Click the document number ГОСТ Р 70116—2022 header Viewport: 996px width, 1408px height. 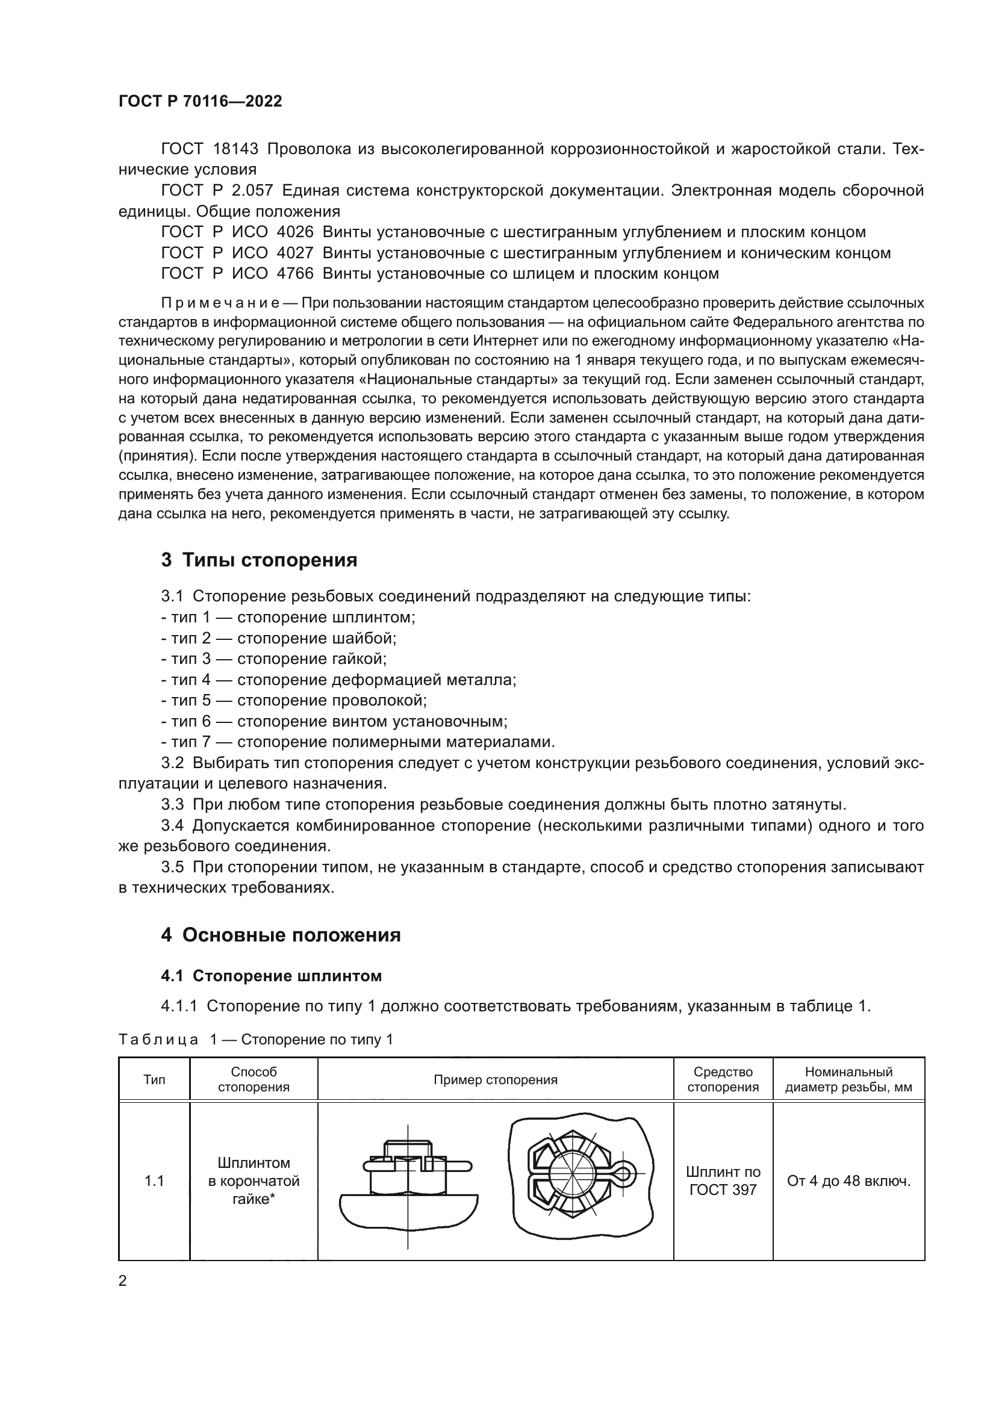(200, 101)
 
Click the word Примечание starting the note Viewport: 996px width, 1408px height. (220, 303)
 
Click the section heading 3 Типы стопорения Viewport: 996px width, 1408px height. (259, 560)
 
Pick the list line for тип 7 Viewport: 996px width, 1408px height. (358, 742)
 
